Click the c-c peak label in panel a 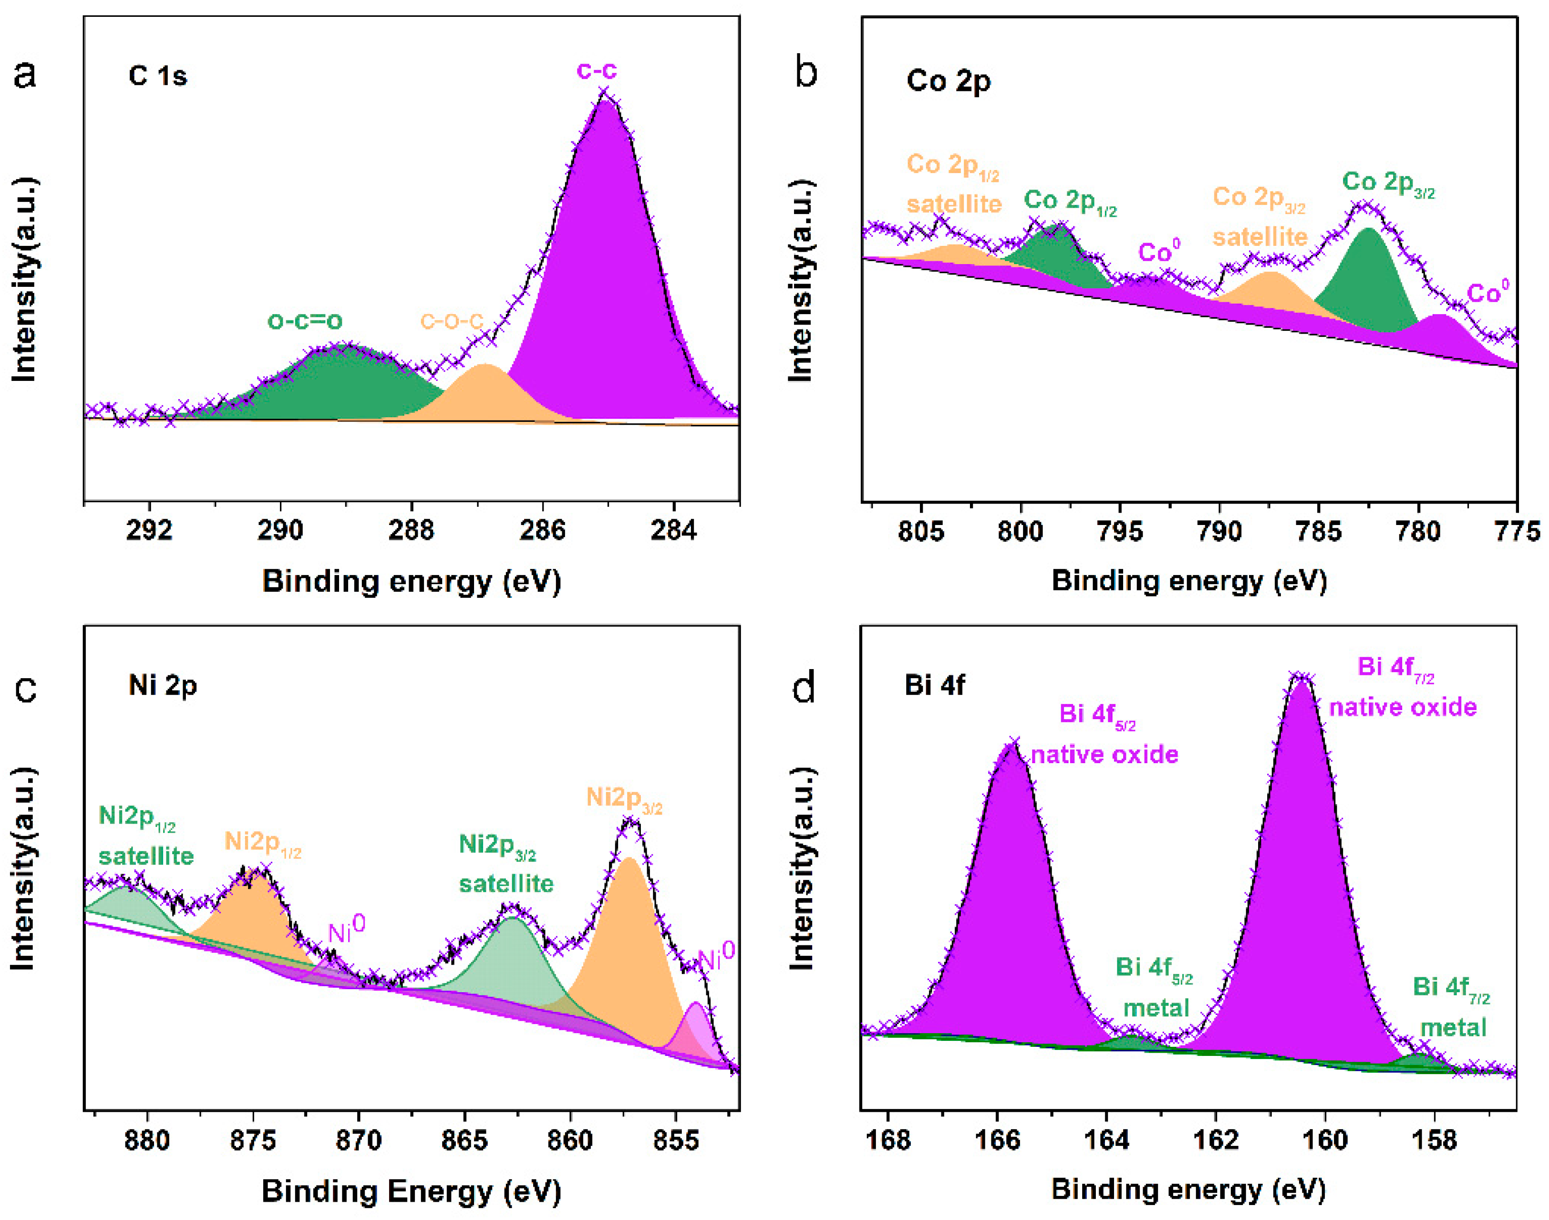(596, 70)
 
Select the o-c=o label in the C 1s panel (305, 321)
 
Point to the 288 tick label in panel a (411, 530)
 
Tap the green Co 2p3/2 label (1388, 184)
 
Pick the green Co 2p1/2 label (1070, 201)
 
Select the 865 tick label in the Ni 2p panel (465, 1141)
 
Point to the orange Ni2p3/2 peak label (624, 799)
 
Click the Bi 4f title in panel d (935, 686)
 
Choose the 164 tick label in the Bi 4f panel (1106, 1141)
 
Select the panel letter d (805, 688)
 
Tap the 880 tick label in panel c (147, 1141)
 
